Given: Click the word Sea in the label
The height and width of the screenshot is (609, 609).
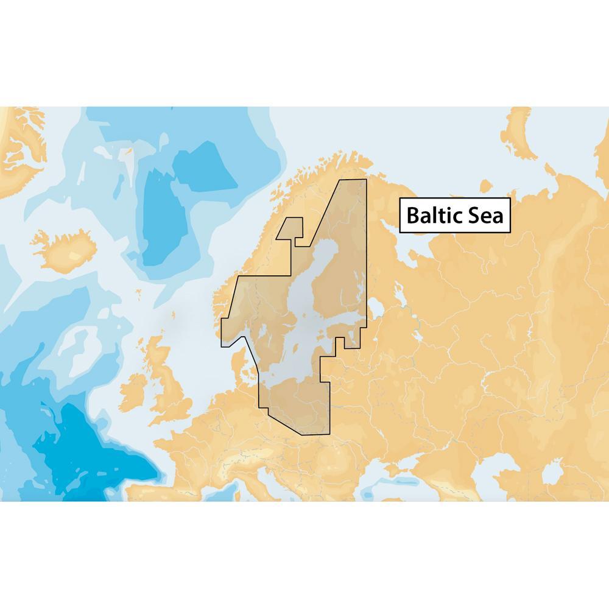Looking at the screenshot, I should click(x=484, y=216).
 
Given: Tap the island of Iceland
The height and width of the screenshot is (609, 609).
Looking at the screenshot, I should click(x=67, y=247).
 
